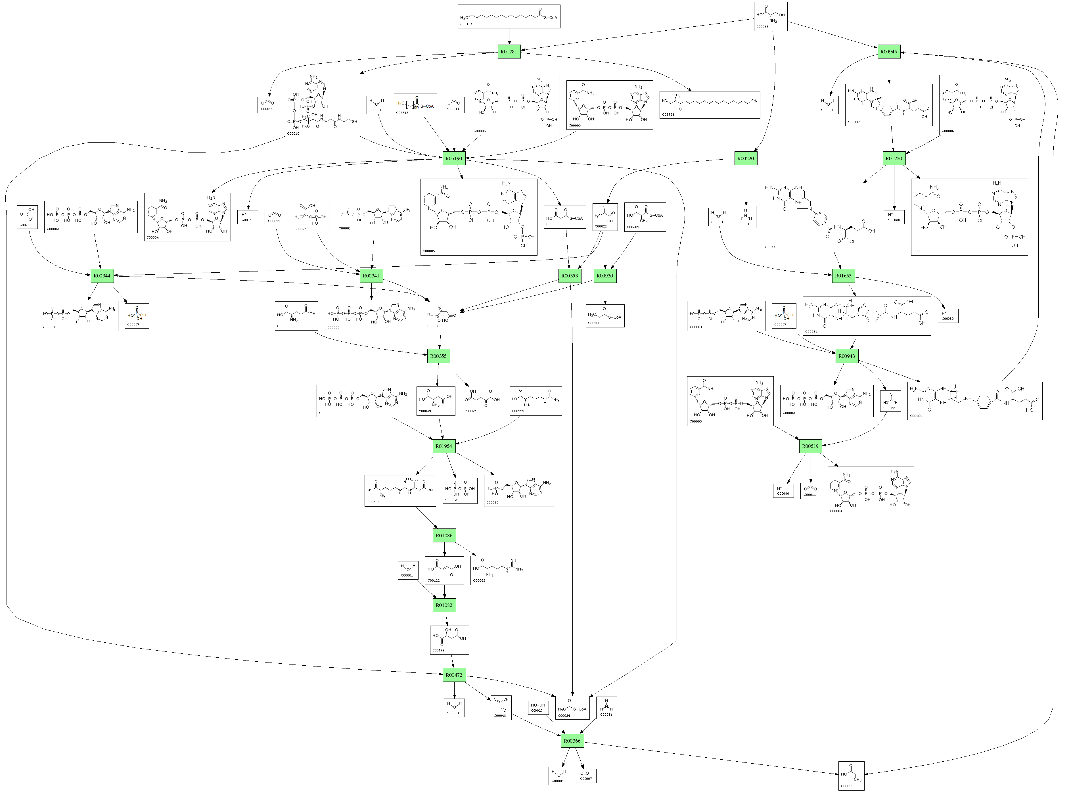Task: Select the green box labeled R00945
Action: tap(889, 51)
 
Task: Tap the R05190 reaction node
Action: tap(453, 158)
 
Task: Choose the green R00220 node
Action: tap(746, 158)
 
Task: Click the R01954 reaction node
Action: tap(444, 446)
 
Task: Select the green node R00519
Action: tap(810, 446)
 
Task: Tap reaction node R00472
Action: tap(453, 675)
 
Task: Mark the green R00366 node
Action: tap(572, 741)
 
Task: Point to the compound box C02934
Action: tap(710, 105)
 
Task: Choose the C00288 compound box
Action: tap(27, 217)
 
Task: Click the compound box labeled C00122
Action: tap(444, 570)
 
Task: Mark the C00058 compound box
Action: tap(890, 401)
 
